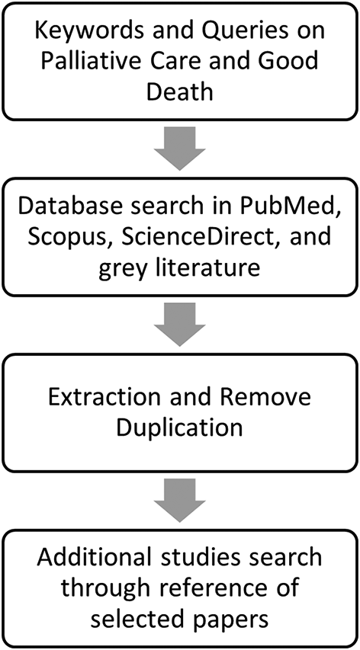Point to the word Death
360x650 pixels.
click(x=179, y=92)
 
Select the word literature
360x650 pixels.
click(x=214, y=267)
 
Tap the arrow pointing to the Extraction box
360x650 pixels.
click(x=179, y=323)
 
